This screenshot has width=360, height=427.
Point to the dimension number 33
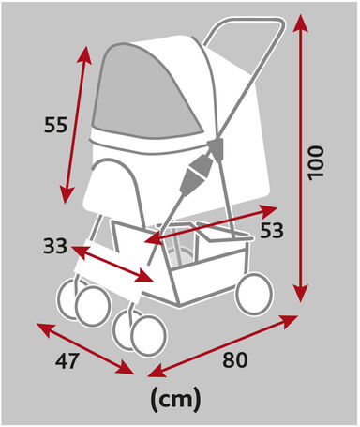tap(55, 247)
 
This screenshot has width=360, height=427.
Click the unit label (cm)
tap(175, 399)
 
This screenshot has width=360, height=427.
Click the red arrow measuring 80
tap(225, 343)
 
